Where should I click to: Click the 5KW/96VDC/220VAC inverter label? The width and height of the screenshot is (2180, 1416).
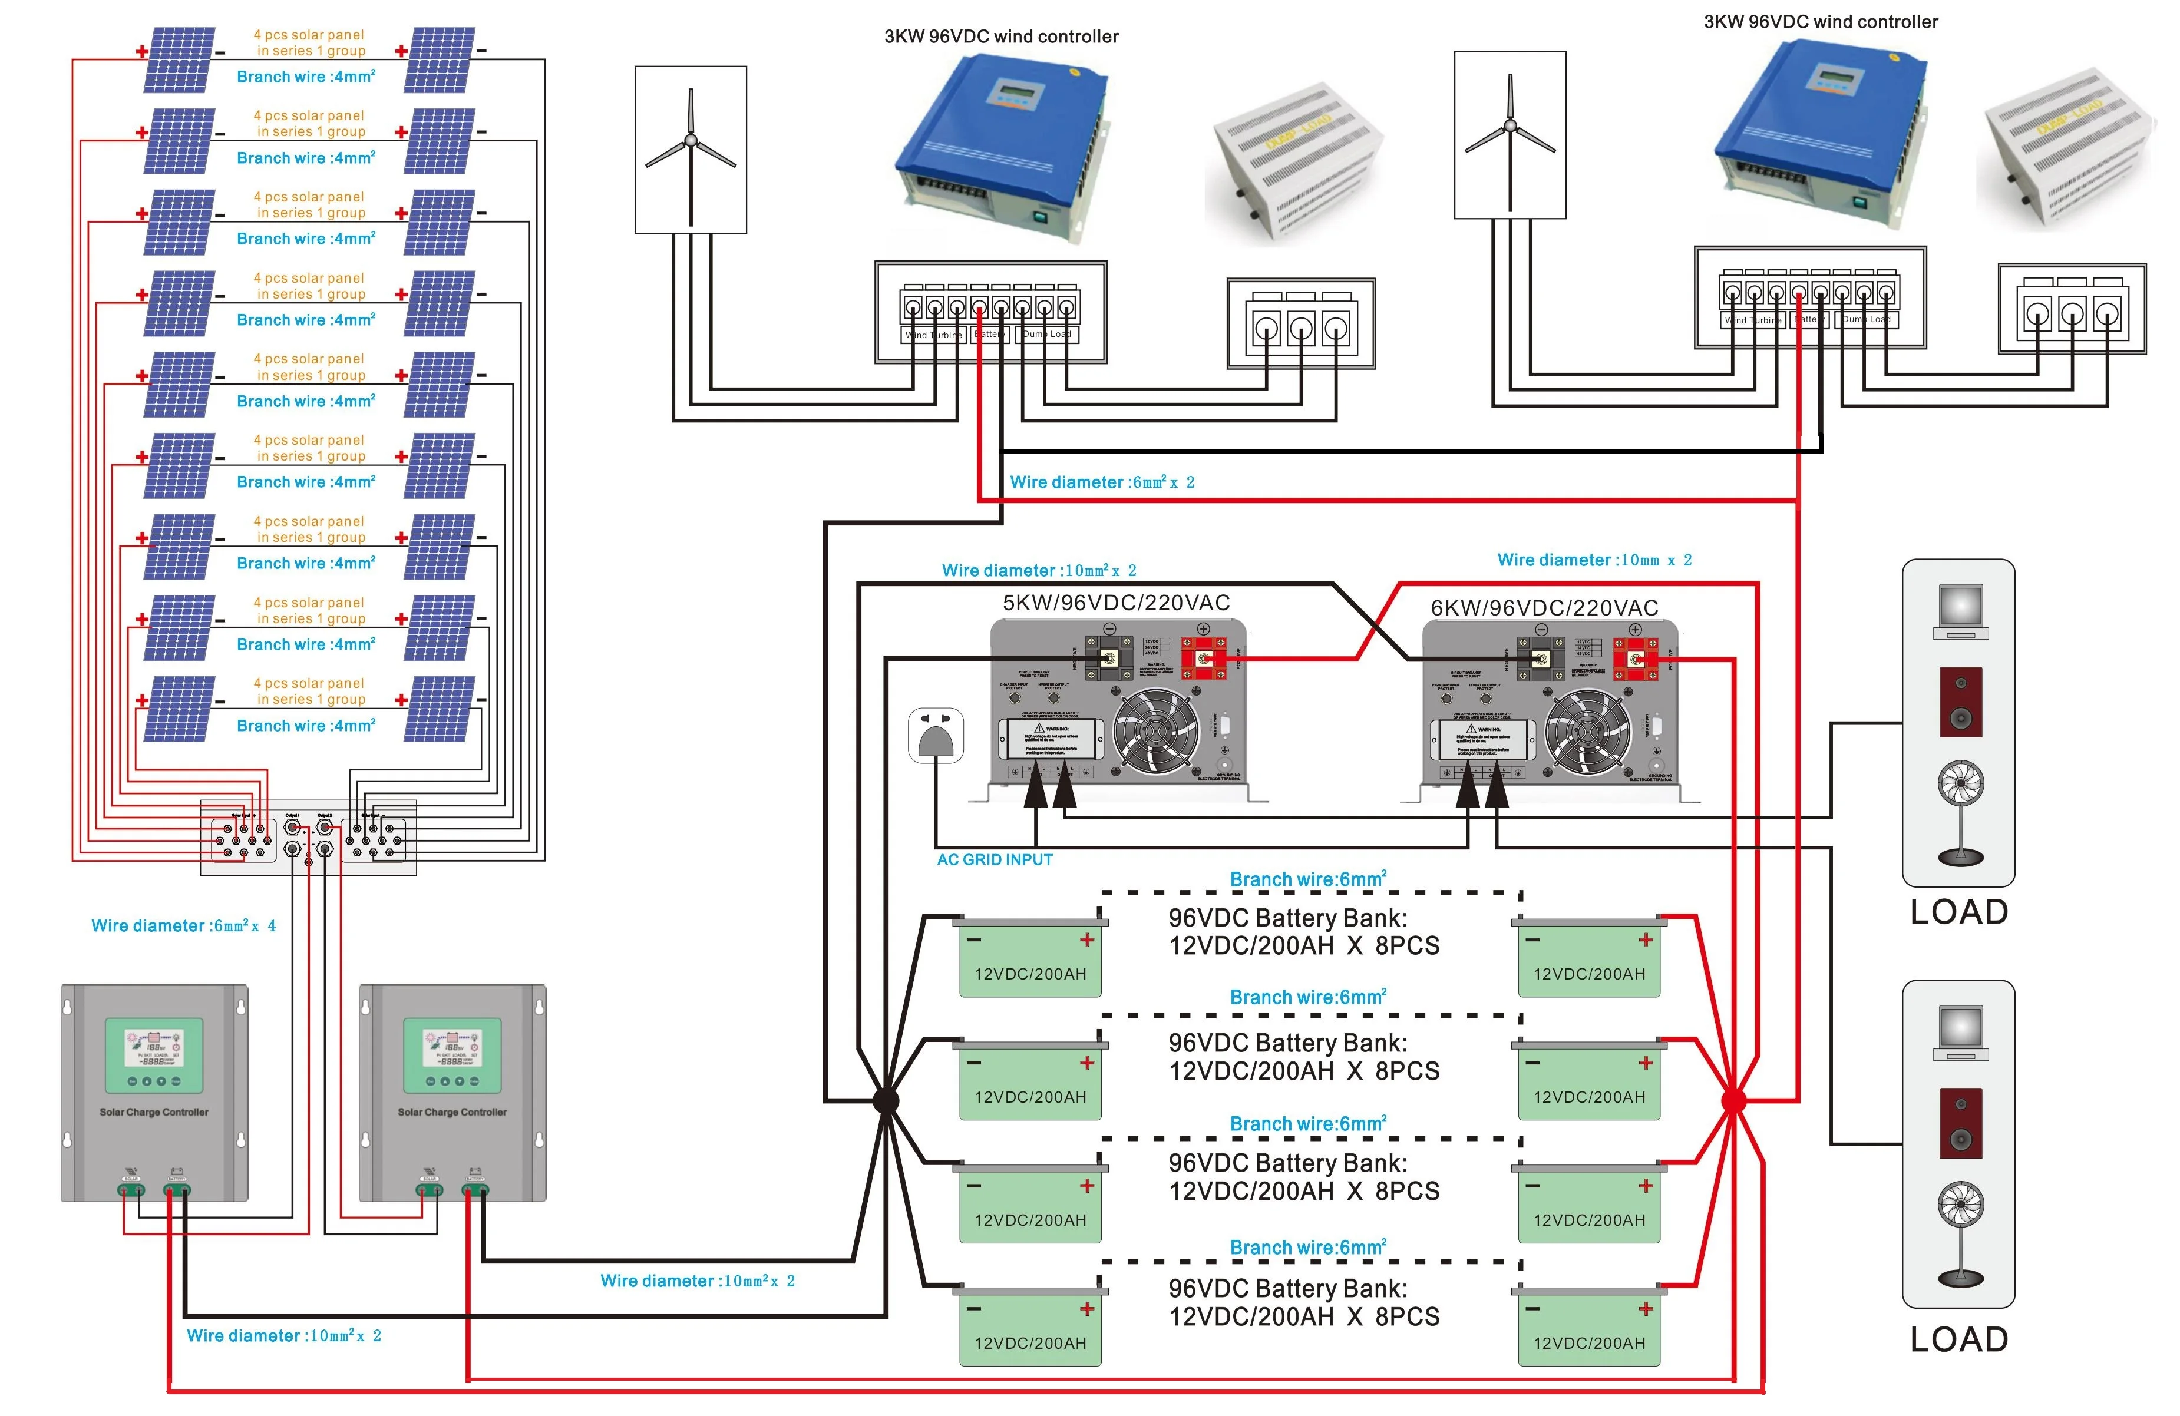click(1116, 603)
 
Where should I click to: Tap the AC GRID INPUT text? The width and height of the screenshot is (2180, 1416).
click(994, 859)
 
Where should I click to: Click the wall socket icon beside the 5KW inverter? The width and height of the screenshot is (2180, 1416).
click(935, 735)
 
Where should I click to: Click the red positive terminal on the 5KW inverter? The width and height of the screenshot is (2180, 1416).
click(1203, 657)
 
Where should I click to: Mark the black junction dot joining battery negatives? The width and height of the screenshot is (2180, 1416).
click(886, 1100)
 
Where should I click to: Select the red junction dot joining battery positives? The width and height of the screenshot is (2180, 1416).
click(1733, 1100)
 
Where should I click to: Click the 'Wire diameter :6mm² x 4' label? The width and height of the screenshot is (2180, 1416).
click(183, 926)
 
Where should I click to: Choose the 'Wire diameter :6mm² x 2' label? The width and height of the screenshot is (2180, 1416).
click(1101, 482)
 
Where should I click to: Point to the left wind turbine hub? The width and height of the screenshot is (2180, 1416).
click(691, 141)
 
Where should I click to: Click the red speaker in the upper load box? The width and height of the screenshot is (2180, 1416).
click(1960, 702)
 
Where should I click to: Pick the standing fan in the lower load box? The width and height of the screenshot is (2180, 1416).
click(1960, 1232)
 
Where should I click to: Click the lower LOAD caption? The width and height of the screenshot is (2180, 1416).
click(1958, 1339)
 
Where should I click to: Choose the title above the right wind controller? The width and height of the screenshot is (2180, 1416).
click(1820, 22)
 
